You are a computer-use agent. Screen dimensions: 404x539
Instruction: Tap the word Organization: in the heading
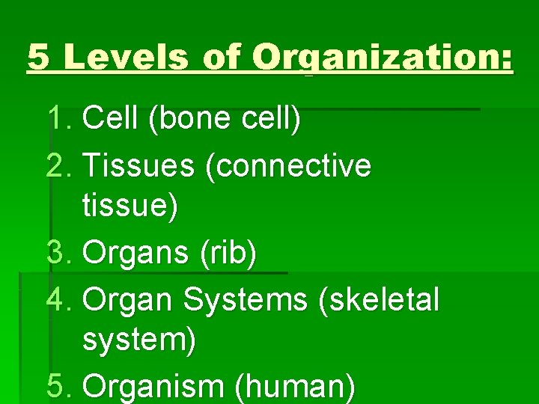(383, 57)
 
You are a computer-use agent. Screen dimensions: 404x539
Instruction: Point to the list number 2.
(59, 165)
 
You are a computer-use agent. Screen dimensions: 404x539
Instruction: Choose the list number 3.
(59, 254)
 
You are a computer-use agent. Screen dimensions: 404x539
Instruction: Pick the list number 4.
(59, 299)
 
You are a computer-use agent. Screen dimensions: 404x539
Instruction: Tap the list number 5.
(59, 387)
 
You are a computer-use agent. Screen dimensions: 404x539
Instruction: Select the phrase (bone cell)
(225, 118)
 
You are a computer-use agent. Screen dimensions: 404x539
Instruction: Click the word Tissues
(138, 165)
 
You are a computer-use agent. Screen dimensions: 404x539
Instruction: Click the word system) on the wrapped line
(140, 341)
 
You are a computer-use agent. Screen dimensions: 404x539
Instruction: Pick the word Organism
(155, 387)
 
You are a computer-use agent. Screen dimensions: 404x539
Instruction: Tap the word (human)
(295, 387)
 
